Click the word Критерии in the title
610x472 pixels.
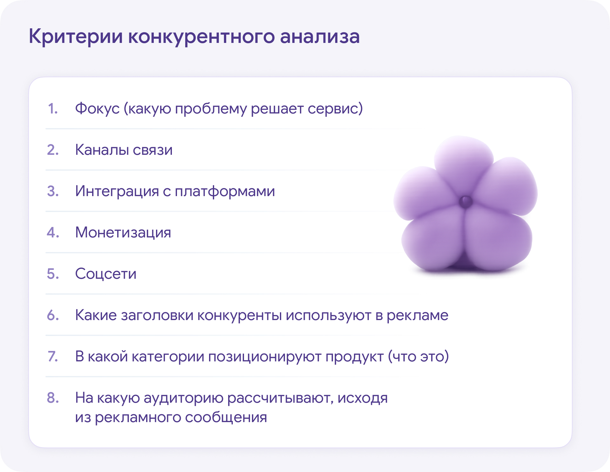coord(76,37)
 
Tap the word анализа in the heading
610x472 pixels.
coord(320,37)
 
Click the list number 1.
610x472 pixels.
coord(53,109)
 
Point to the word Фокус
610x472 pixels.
coord(97,109)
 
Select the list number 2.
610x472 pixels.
coord(53,150)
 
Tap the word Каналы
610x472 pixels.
coord(102,150)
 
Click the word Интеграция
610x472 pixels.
coord(117,191)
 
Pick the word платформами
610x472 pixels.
coord(225,191)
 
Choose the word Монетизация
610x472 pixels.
coord(123,233)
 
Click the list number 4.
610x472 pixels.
coord(53,233)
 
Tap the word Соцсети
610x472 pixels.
coord(106,274)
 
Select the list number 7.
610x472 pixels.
coord(53,357)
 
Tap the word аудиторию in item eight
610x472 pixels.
coord(183,398)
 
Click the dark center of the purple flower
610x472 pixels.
coord(466,201)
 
